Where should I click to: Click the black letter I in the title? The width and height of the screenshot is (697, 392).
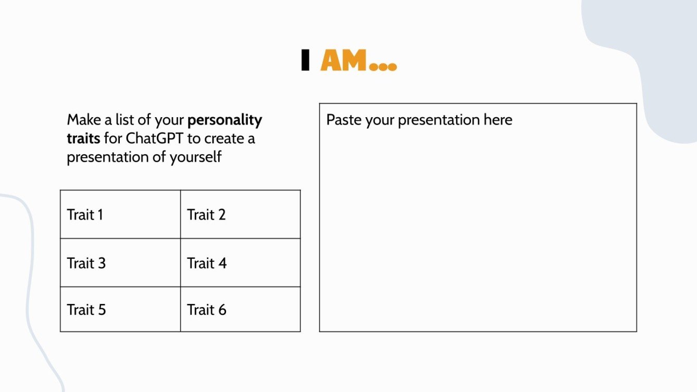(x=305, y=60)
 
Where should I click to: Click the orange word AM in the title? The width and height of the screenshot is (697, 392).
(x=344, y=60)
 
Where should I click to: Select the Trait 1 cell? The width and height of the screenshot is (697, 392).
(x=120, y=214)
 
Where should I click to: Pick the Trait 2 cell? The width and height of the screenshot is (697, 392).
(x=240, y=214)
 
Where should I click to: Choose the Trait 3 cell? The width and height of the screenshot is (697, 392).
(x=120, y=263)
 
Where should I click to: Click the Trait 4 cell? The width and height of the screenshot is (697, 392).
(x=240, y=263)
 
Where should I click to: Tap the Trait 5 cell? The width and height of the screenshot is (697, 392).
(x=120, y=309)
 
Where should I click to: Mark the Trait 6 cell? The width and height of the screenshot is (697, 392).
(x=240, y=309)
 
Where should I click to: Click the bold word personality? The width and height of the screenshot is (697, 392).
(x=225, y=120)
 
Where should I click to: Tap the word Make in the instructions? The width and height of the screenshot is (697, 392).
(x=84, y=120)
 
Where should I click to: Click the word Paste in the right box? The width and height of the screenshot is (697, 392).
(x=344, y=120)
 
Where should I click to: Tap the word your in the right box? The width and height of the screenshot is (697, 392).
(x=380, y=120)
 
